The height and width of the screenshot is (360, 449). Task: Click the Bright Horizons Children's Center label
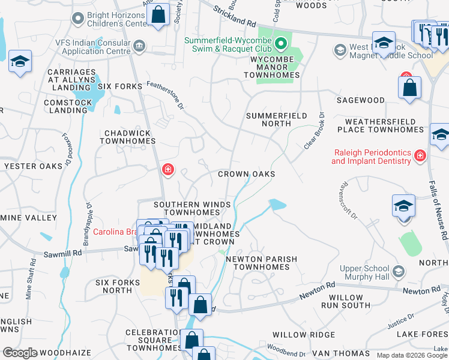[118, 19]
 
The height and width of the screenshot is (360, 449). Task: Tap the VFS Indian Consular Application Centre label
[93, 47]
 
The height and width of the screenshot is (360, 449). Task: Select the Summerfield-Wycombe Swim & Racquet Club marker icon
[280, 43]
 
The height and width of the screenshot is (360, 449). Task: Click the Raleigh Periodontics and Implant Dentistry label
[371, 157]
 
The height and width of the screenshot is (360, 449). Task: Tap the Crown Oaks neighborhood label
[246, 174]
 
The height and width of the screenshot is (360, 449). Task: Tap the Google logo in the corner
[20, 353]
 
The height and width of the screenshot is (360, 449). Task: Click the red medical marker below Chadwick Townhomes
[167, 170]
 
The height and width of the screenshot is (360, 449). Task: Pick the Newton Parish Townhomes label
[261, 263]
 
